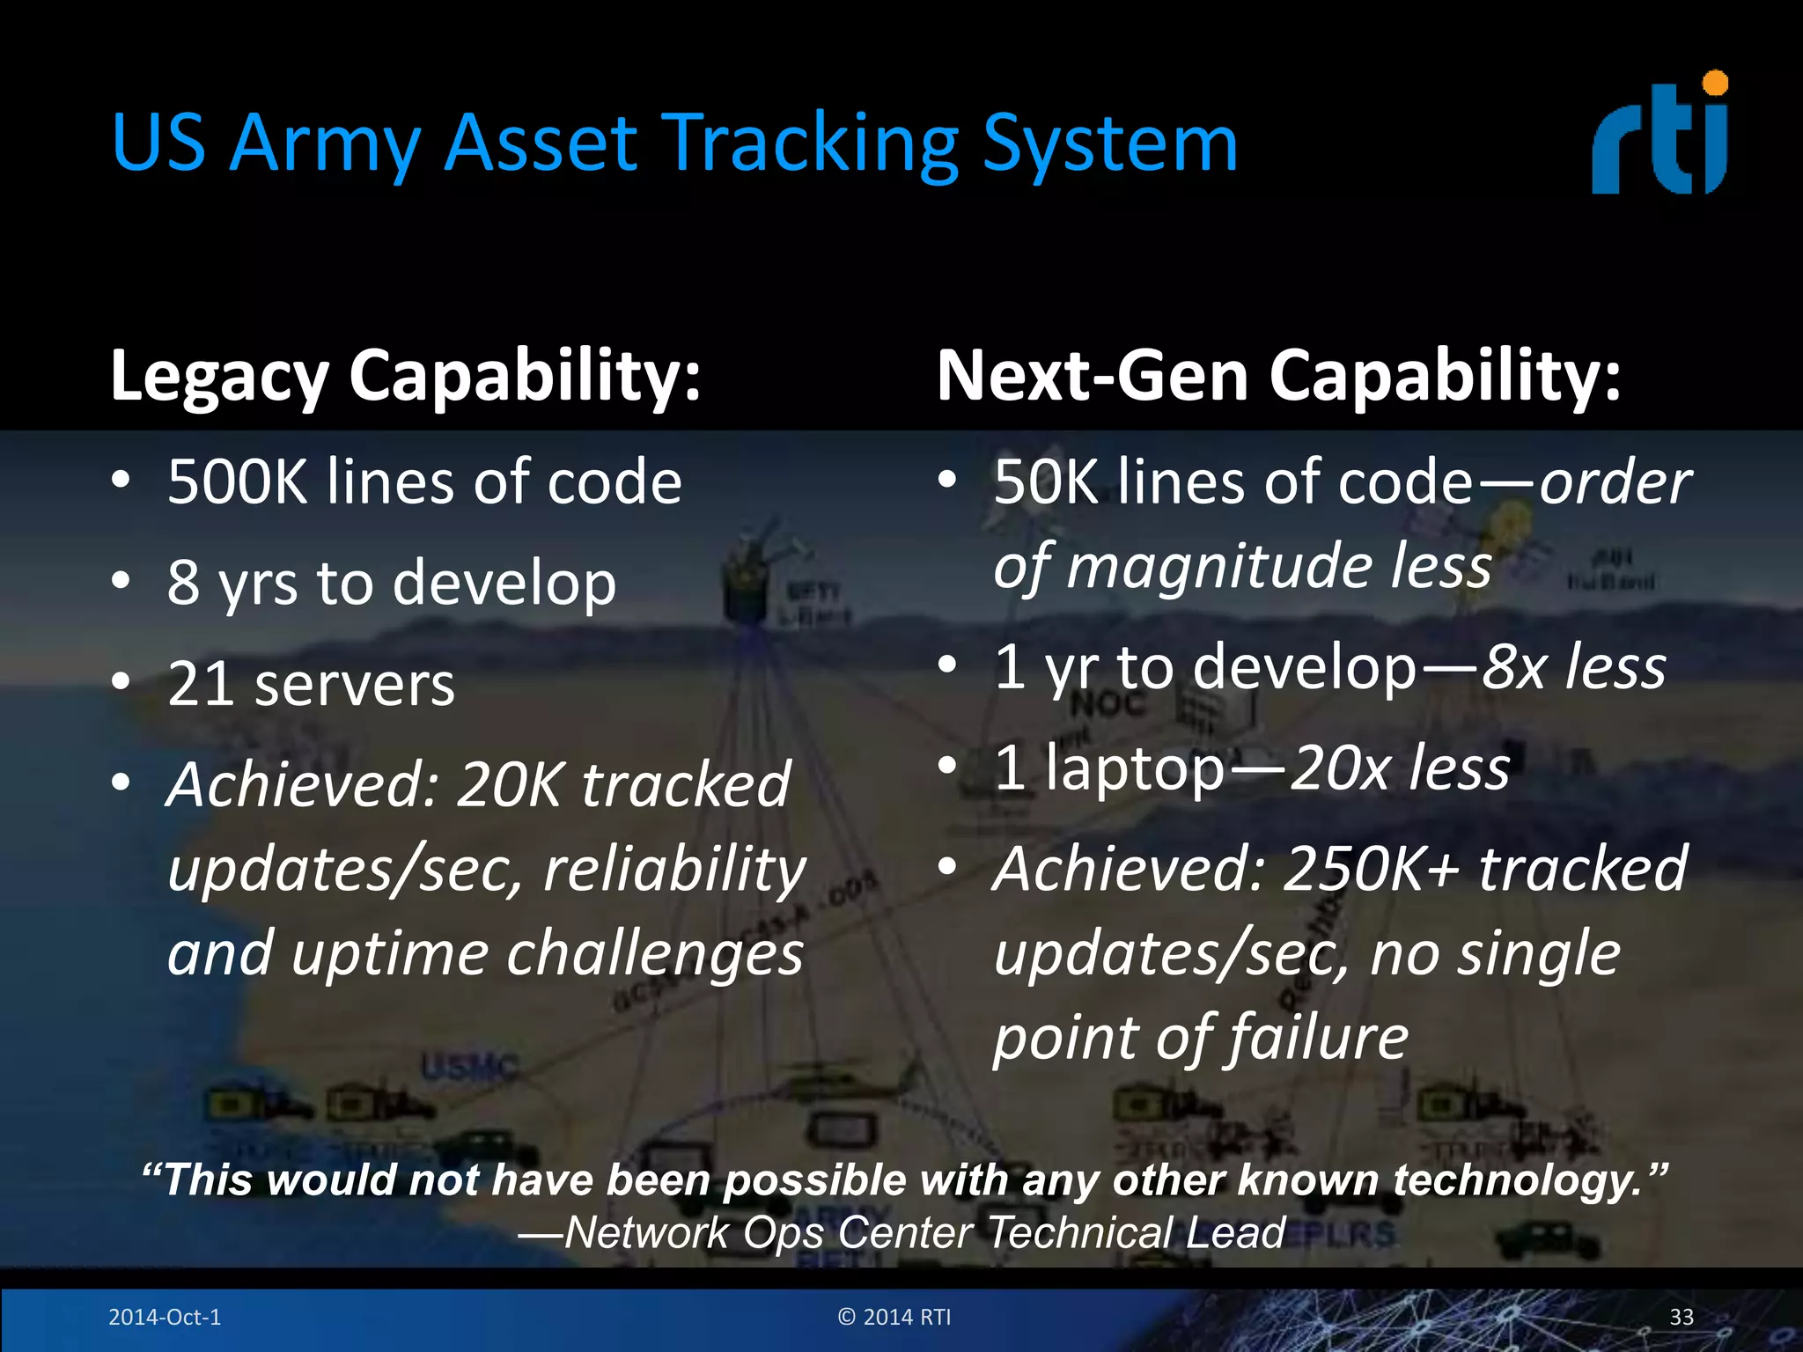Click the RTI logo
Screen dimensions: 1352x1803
(x=1660, y=136)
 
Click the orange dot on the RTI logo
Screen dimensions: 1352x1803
(x=1715, y=84)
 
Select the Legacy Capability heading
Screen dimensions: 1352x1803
(x=405, y=377)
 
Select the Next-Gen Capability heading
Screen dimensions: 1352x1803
(x=1278, y=377)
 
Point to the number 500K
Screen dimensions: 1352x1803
(x=238, y=482)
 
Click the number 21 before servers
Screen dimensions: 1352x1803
(x=201, y=685)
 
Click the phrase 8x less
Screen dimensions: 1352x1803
(x=1573, y=666)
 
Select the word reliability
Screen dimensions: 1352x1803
(x=674, y=869)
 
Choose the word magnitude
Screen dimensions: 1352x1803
(x=1220, y=565)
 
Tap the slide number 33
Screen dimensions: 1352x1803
(x=1681, y=1317)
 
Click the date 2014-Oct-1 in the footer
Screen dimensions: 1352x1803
(x=165, y=1317)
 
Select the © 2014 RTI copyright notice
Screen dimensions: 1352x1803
(x=894, y=1317)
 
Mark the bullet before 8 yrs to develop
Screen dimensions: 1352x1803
(x=121, y=580)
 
